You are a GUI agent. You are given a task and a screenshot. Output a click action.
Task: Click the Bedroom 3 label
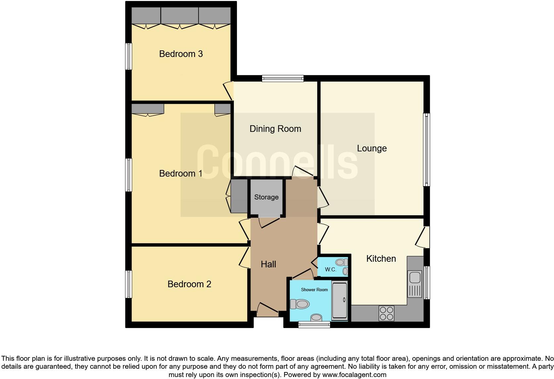click(x=181, y=54)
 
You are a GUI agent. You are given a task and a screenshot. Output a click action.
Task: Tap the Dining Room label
click(x=275, y=129)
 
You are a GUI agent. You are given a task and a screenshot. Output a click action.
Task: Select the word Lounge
click(x=371, y=148)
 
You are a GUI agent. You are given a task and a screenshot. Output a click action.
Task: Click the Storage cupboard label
click(x=266, y=197)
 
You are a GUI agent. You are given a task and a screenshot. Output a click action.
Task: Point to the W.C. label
click(x=330, y=270)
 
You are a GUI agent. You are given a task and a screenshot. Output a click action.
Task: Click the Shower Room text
click(x=314, y=290)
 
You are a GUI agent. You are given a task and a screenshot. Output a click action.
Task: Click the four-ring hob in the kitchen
click(x=386, y=313)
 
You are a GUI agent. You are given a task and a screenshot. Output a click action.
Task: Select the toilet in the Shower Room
click(x=300, y=304)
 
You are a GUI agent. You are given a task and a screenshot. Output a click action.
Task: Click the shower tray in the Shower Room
click(x=340, y=300)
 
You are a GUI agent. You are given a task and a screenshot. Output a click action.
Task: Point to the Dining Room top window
click(x=283, y=79)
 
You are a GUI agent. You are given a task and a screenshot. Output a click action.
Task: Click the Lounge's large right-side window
click(x=427, y=149)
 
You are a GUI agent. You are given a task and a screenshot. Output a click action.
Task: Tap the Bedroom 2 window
click(x=129, y=284)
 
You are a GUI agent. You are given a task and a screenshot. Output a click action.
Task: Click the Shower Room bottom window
click(x=314, y=325)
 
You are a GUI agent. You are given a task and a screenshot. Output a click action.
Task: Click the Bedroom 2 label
click(x=189, y=284)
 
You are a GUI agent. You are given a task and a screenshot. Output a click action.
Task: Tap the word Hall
click(x=268, y=264)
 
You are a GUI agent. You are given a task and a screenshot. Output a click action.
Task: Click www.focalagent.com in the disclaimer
click(x=354, y=375)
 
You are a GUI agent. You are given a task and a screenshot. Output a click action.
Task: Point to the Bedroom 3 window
click(x=129, y=56)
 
